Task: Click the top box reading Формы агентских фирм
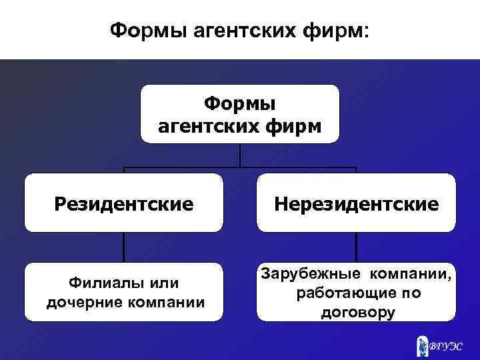[x=240, y=113]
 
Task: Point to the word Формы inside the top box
[x=240, y=103]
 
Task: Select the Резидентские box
[x=124, y=203]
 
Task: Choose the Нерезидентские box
[x=357, y=203]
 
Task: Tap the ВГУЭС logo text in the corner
[x=445, y=345]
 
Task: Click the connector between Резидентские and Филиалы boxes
[x=124, y=247]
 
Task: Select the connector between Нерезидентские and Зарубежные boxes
[x=357, y=247]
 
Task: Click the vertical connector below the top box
[x=240, y=155]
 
